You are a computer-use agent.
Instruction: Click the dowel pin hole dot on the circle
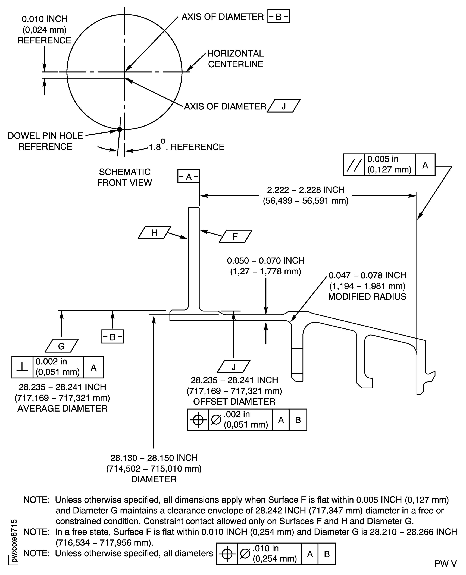(x=120, y=129)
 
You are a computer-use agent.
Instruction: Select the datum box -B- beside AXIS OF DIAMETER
(x=278, y=17)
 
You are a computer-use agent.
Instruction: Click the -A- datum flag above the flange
(x=188, y=176)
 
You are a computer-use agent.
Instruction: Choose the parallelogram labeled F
(x=235, y=236)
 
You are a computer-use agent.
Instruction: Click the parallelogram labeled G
(x=61, y=346)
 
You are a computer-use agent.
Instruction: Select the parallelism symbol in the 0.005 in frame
(x=354, y=165)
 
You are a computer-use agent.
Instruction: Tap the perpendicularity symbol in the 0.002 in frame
(x=22, y=367)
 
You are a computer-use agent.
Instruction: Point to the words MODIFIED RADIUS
(x=367, y=297)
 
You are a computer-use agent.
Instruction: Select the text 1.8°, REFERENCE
(x=187, y=147)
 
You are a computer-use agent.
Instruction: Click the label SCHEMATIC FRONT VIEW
(x=124, y=177)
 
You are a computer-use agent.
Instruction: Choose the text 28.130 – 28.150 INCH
(x=154, y=458)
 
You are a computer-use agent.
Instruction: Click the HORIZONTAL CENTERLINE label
(x=235, y=59)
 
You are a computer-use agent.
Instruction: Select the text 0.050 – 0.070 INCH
(x=265, y=261)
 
